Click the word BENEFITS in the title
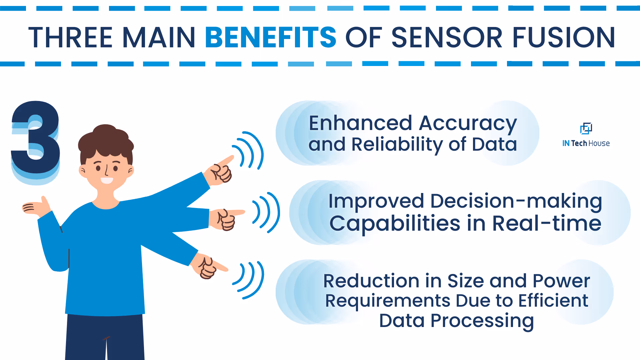[270, 37]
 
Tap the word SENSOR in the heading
[447, 37]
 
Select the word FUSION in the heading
[564, 37]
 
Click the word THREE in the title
[71, 37]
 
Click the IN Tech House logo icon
[586, 128]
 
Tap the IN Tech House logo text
[586, 143]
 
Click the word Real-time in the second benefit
[547, 223]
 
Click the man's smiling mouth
[107, 181]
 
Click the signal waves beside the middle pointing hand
[266, 212]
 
